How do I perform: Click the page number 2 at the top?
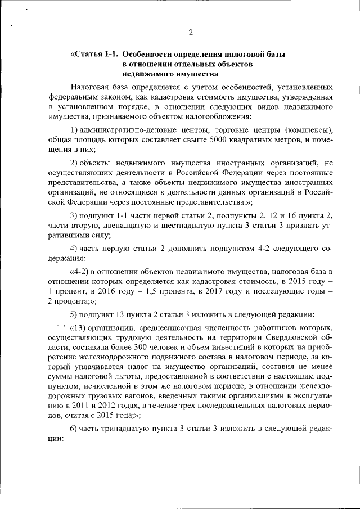[x=190, y=33]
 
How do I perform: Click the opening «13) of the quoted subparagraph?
[x=80, y=328]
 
